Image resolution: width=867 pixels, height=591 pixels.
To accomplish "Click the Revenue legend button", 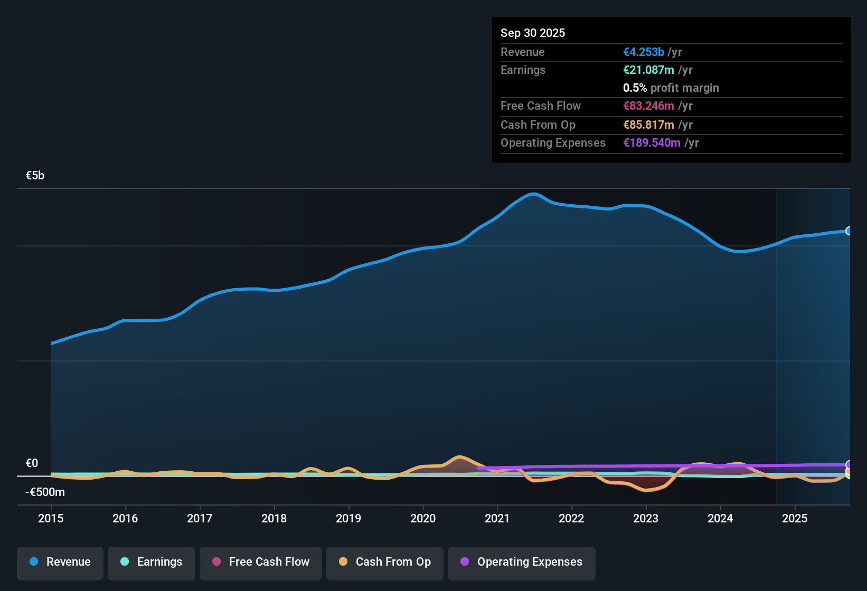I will tap(60, 562).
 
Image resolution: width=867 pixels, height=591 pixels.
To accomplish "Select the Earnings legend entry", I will tap(152, 562).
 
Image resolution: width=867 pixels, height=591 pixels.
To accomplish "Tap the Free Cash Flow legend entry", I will tap(261, 562).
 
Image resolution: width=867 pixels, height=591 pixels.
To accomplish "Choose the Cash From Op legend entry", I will tap(385, 562).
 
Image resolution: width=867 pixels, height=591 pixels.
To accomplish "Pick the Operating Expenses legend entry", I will tap(522, 562).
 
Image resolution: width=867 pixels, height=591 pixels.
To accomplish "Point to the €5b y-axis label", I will tap(35, 176).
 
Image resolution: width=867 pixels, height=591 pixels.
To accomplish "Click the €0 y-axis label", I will tap(32, 463).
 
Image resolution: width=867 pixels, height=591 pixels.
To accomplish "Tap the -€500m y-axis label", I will tap(45, 492).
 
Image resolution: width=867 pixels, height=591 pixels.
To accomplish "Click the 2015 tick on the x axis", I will tap(51, 519).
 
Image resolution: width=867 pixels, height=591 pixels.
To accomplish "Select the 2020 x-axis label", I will tap(423, 519).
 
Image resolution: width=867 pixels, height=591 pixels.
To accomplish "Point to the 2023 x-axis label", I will tap(646, 519).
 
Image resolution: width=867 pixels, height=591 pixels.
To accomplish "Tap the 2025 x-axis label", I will tap(795, 519).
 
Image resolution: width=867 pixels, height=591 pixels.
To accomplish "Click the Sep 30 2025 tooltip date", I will tap(532, 33).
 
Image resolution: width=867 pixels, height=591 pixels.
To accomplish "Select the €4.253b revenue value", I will tap(643, 52).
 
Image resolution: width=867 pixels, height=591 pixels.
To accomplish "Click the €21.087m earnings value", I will tap(648, 70).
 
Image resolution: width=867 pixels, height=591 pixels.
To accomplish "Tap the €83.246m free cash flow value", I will tap(648, 106).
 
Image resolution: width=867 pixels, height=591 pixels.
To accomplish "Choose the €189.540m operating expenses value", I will tap(652, 143).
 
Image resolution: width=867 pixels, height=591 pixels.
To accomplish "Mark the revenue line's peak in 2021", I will tap(534, 194).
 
